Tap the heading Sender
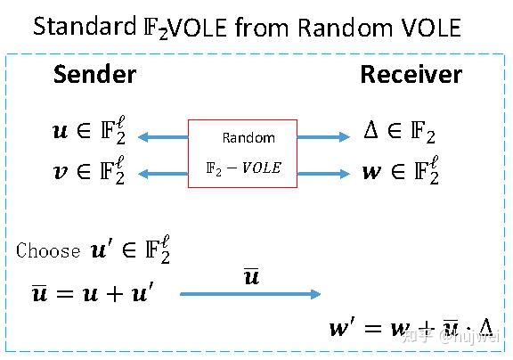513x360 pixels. click(94, 75)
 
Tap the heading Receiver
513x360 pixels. click(411, 75)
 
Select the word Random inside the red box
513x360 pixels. click(248, 138)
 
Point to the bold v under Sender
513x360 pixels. click(61, 169)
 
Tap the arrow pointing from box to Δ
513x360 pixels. click(323, 136)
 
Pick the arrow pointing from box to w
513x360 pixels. click(323, 169)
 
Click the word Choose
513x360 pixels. click(48, 250)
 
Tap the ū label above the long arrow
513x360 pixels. click(251, 276)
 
